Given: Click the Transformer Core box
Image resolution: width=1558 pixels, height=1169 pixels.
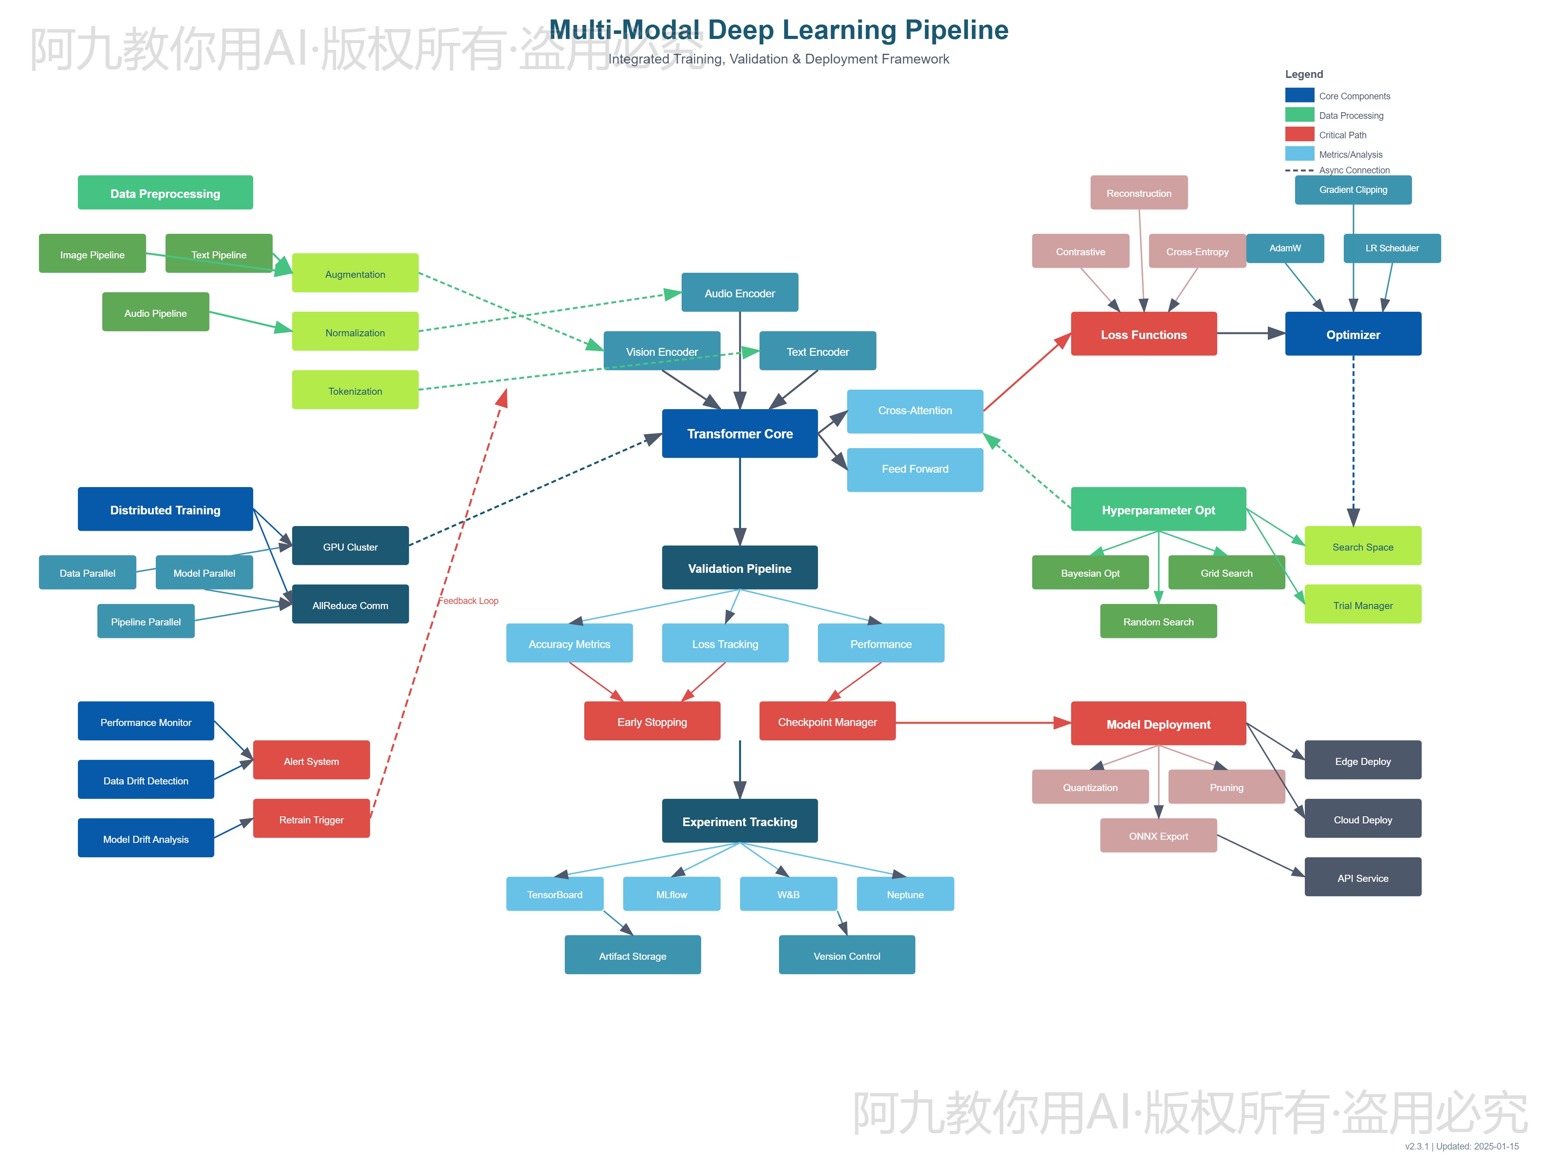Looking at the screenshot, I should click(x=740, y=433).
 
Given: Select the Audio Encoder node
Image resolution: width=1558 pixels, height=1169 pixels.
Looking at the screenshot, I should click(x=740, y=292).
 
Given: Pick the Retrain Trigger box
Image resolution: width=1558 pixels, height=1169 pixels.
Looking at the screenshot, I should click(x=311, y=819).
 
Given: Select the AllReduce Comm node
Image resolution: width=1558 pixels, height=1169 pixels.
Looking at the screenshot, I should click(x=350, y=605).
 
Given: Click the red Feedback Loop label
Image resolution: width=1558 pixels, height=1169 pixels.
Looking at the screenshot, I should click(x=469, y=601).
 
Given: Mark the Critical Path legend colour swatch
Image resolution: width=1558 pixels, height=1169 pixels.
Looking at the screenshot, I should click(x=1299, y=134).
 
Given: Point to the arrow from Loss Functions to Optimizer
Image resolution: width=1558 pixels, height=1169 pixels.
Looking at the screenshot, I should click(x=1250, y=333).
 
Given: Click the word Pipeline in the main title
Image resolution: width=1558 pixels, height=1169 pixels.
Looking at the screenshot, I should click(x=957, y=30).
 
